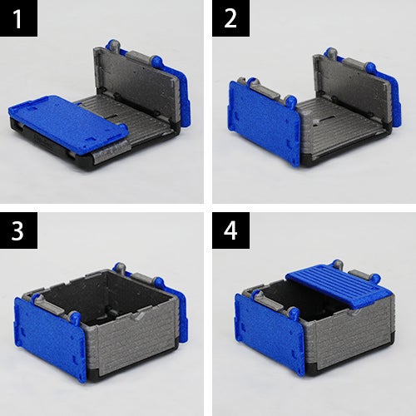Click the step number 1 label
click(18, 18)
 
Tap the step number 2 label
click(230, 18)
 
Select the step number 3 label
click(18, 230)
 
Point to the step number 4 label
click(230, 230)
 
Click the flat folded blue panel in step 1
click(68, 123)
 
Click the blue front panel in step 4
click(269, 333)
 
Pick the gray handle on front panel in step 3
click(56, 305)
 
